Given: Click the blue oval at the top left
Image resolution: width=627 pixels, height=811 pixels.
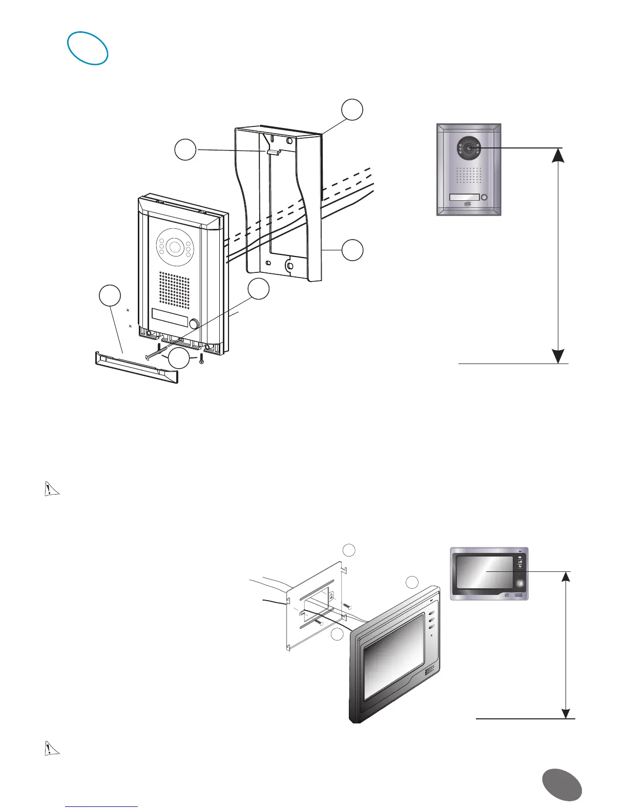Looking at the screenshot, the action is [88, 49].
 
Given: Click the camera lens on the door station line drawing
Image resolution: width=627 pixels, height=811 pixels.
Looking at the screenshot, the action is [174, 247].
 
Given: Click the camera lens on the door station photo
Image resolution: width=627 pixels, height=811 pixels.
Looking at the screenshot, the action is [469, 148].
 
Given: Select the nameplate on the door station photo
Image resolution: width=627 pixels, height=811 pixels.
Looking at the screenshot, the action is [464, 197].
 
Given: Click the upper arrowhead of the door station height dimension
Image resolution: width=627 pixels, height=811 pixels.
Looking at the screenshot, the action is [558, 154].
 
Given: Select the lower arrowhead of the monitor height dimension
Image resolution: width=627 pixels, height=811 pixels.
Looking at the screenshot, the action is [566, 713].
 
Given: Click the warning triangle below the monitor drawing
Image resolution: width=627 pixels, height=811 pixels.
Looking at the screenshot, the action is [50, 748].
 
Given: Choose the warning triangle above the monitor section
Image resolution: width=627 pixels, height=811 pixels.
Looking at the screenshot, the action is [50, 489].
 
